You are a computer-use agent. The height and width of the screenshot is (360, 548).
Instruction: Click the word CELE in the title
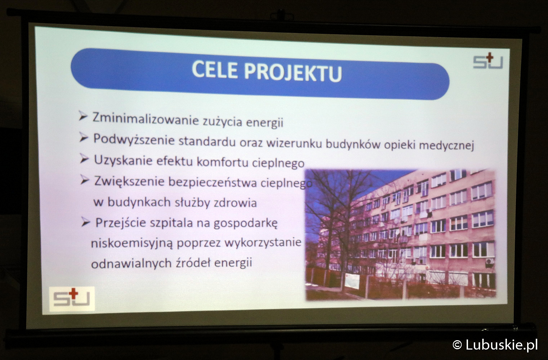(214, 70)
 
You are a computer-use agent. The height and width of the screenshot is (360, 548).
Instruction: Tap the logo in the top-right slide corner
(488, 61)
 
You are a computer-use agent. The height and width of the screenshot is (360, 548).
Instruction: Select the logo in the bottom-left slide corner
(72, 299)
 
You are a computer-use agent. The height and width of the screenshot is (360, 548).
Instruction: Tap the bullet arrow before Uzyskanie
(84, 159)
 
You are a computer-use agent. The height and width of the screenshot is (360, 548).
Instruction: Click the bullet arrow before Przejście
(86, 222)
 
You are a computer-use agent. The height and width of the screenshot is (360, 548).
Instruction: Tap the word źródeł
(193, 263)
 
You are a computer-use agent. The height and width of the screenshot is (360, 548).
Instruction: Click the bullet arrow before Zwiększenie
(85, 180)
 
